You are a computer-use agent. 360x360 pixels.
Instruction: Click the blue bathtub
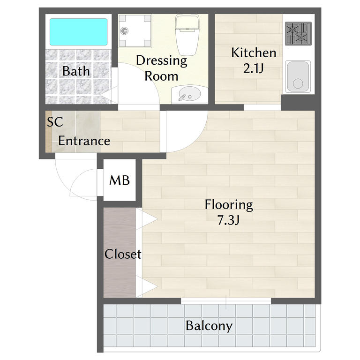click(79, 32)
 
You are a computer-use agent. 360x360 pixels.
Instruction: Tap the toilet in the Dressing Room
click(187, 35)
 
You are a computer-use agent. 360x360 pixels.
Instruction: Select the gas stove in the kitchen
click(298, 34)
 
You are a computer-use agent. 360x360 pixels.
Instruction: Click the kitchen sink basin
click(298, 76)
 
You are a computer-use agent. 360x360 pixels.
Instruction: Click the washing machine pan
click(135, 31)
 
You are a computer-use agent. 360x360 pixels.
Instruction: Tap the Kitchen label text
click(254, 53)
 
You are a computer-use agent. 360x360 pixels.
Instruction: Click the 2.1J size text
click(253, 68)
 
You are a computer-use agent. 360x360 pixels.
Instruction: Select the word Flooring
click(229, 205)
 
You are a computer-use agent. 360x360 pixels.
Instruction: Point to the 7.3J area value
click(228, 220)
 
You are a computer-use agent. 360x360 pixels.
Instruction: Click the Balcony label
click(209, 326)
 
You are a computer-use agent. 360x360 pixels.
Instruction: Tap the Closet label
click(123, 254)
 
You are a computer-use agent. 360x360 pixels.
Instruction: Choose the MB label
click(120, 180)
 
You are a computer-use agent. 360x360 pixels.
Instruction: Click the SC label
click(55, 122)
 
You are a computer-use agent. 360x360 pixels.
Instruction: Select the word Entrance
click(84, 141)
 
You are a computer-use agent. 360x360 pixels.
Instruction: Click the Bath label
click(76, 71)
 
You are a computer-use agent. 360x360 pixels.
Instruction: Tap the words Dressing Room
click(162, 68)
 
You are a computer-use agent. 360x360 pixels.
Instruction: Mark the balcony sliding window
click(226, 301)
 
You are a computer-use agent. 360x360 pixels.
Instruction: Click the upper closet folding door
click(146, 219)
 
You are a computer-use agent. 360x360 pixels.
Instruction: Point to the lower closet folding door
click(146, 286)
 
